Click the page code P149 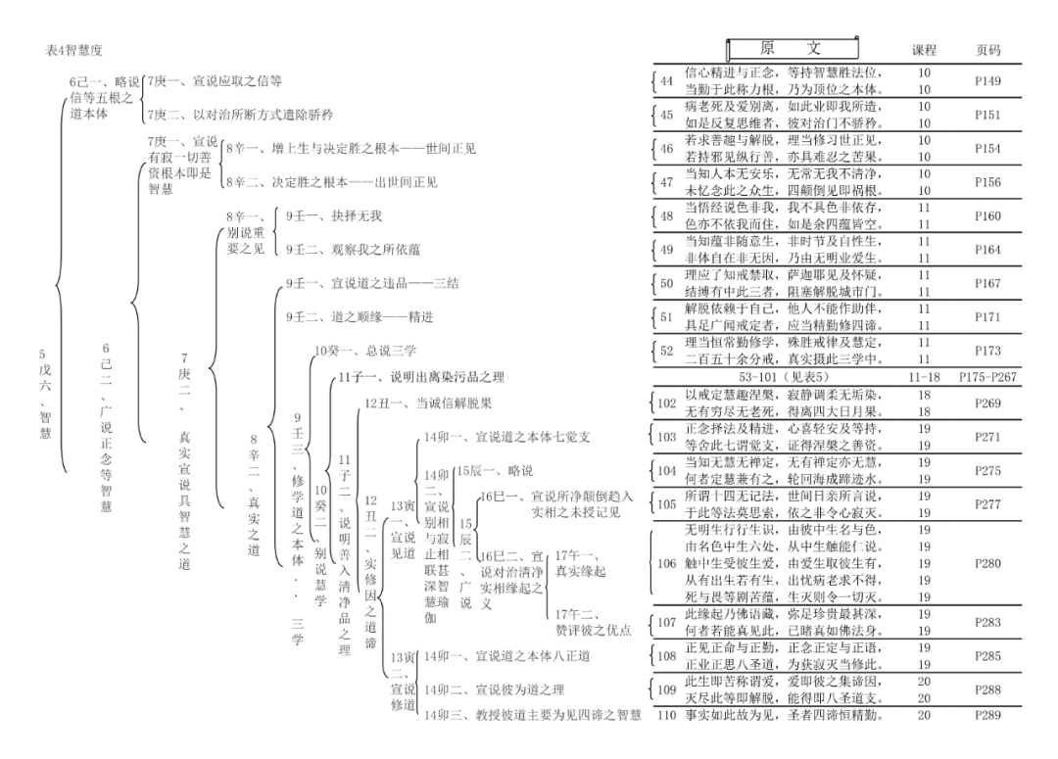point(988,81)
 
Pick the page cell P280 point(988,564)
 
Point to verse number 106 point(666,564)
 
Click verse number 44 point(667,81)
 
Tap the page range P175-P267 point(988,377)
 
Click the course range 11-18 point(924,377)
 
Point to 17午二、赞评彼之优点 point(592,621)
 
